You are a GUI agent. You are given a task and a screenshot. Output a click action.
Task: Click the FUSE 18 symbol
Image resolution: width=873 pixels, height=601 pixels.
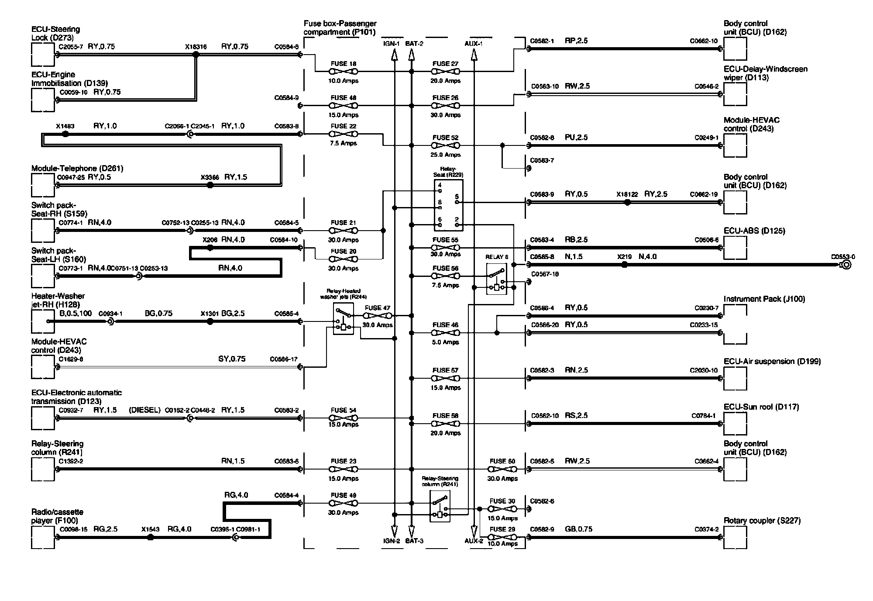click(344, 72)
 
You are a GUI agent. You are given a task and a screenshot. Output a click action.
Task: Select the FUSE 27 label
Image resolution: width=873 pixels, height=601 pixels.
click(445, 64)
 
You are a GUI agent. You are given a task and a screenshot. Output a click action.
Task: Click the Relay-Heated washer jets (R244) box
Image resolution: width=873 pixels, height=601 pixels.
click(343, 320)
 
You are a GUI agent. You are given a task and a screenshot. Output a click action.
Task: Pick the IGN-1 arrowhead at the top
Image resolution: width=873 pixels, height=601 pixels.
click(394, 55)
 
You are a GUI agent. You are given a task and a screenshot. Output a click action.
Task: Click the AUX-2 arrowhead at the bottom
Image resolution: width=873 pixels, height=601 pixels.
click(474, 530)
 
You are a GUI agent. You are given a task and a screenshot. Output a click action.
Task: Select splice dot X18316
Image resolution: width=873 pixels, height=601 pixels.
click(196, 55)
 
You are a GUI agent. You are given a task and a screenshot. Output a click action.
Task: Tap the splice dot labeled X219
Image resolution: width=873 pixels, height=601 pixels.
click(624, 265)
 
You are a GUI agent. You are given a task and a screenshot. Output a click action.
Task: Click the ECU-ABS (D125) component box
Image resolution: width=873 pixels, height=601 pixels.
click(735, 248)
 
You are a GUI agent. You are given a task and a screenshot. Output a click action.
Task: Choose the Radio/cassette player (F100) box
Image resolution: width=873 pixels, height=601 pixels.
click(43, 538)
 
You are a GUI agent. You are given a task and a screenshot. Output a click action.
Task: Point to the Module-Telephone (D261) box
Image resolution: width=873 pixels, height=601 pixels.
click(43, 185)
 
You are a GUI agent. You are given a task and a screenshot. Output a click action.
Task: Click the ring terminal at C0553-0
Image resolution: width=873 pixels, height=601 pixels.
click(846, 265)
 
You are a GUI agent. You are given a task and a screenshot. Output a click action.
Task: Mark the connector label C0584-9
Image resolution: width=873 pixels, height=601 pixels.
click(286, 98)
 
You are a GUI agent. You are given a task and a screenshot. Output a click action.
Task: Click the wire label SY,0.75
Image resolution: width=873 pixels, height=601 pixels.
click(232, 359)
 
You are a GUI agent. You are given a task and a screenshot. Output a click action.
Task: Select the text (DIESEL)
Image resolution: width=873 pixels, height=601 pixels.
click(145, 410)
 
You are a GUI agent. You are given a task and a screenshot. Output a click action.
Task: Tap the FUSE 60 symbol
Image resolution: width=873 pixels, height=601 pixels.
click(502, 470)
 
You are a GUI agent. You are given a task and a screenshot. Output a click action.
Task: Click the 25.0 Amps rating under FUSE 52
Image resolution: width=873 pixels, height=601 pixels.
click(445, 155)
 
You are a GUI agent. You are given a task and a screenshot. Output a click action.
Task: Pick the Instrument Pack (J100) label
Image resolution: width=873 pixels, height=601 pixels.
click(764, 299)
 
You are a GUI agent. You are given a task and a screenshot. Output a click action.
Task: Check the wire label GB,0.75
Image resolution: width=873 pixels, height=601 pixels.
click(578, 529)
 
